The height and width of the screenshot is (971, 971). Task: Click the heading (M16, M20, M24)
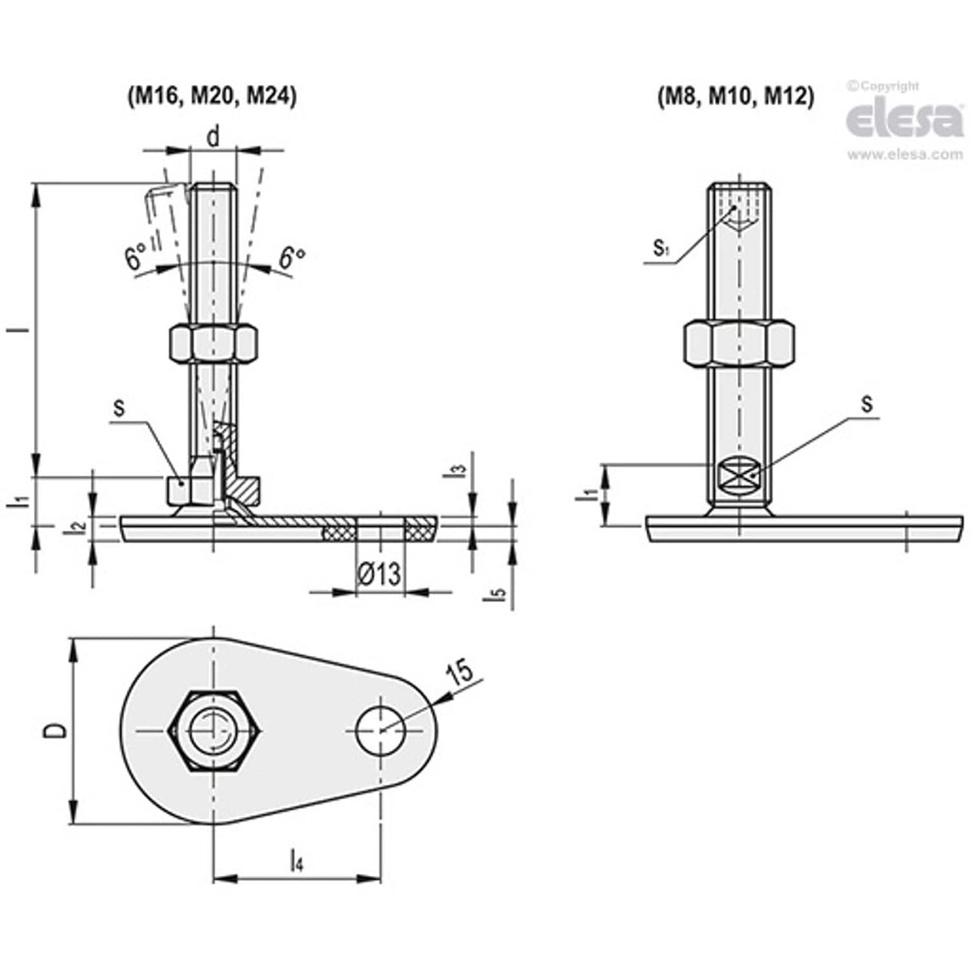(x=211, y=96)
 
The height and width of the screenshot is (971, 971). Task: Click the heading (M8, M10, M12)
(x=734, y=96)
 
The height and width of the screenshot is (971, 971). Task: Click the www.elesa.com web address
(x=905, y=154)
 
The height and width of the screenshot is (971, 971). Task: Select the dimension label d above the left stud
(x=213, y=137)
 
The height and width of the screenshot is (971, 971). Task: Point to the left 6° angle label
(x=135, y=258)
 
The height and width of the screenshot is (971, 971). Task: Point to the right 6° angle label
(x=292, y=258)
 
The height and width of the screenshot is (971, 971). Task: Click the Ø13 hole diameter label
(x=379, y=573)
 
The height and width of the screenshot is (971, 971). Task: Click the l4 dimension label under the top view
(x=296, y=861)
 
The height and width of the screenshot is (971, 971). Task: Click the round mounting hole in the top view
(x=381, y=730)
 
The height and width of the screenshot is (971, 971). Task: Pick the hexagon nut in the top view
(x=214, y=730)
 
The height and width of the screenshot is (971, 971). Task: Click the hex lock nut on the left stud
(x=214, y=343)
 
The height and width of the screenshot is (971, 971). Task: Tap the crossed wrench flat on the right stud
(x=738, y=477)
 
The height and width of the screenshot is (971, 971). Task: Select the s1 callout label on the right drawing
(x=660, y=248)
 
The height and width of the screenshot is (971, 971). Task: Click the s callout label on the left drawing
(x=118, y=407)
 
